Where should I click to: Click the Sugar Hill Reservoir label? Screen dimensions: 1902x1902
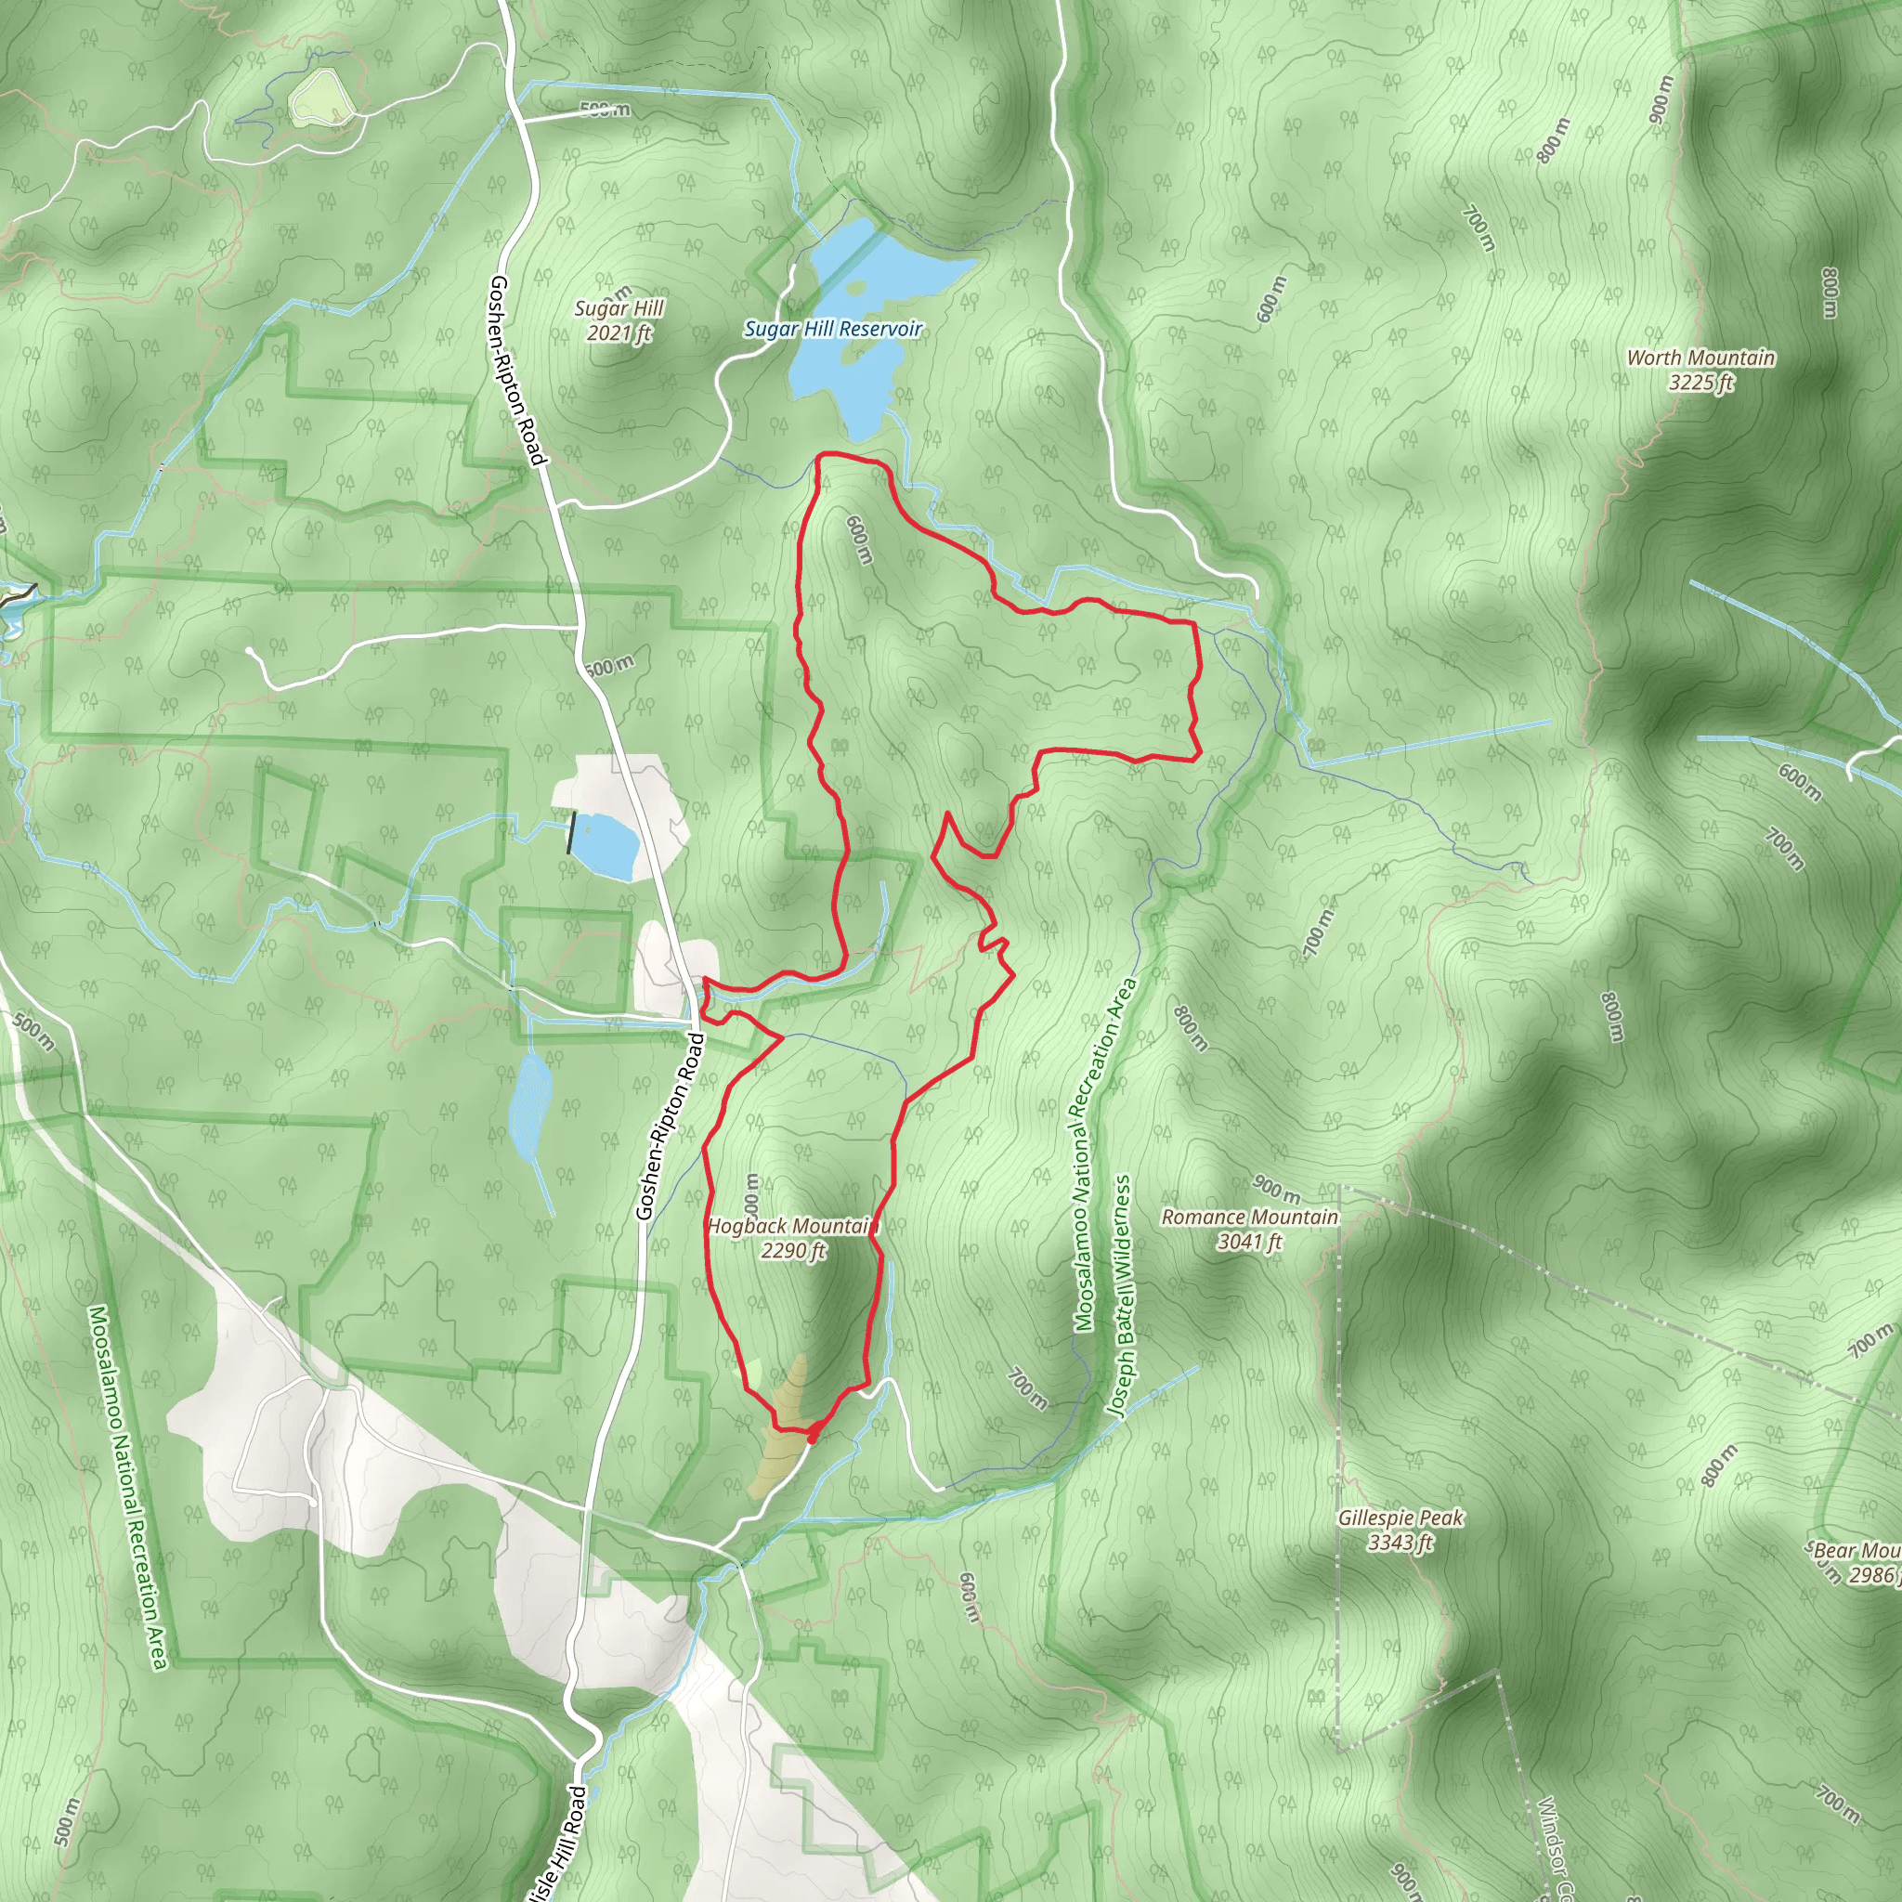pyautogui.click(x=833, y=329)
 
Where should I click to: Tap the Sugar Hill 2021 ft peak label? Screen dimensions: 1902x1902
pyautogui.click(x=619, y=321)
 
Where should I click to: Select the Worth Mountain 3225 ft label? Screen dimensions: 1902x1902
pyautogui.click(x=1700, y=371)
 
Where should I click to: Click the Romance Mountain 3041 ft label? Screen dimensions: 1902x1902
pyautogui.click(x=1249, y=1229)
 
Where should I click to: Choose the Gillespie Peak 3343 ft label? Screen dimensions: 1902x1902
pyautogui.click(x=1400, y=1530)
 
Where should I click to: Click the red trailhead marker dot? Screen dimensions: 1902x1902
pyautogui.click(x=815, y=1429)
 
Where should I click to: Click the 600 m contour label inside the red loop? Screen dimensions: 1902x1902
pyautogui.click(x=858, y=540)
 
